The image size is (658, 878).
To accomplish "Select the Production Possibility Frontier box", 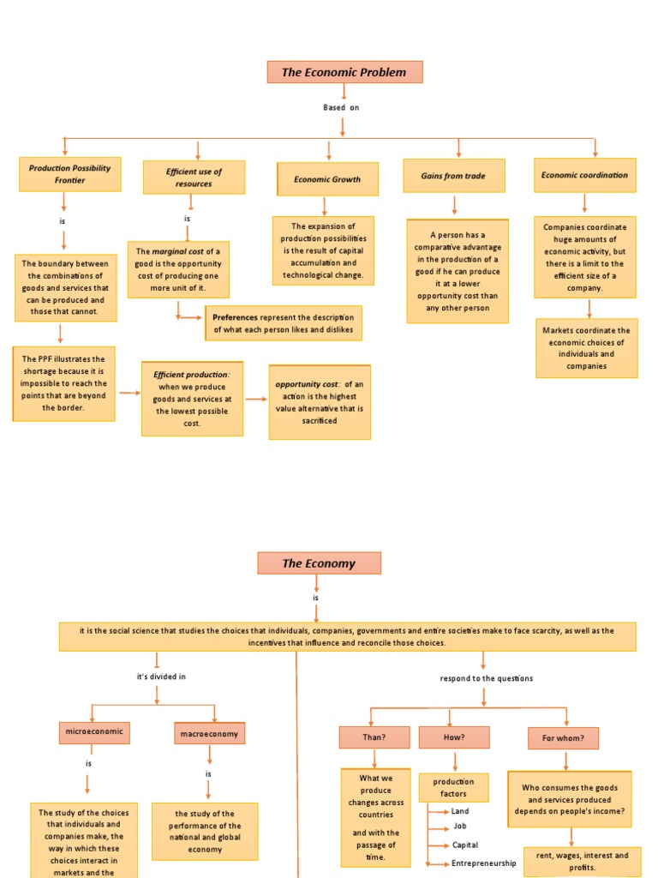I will [69, 174].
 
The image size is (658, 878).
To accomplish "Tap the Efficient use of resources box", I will [194, 177].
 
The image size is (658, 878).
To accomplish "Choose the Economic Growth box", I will [327, 179].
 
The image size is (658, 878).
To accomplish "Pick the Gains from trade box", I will [453, 176].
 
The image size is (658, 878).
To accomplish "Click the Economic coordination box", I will [584, 175].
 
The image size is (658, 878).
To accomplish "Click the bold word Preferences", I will [235, 317].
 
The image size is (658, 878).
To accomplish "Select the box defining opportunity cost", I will [320, 402].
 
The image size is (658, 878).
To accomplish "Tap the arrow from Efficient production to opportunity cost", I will [256, 399].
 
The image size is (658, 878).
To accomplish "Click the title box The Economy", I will [319, 563].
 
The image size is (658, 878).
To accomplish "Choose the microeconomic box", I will [94, 732].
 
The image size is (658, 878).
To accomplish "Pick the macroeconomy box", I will [210, 733].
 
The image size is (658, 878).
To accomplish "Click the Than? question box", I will [374, 737].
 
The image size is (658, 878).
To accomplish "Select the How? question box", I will [454, 737].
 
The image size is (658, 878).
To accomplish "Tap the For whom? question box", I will [563, 738].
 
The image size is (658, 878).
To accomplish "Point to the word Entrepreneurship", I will [483, 863].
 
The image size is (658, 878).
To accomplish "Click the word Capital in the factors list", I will [465, 845].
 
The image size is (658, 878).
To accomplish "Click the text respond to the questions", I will [486, 678].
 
